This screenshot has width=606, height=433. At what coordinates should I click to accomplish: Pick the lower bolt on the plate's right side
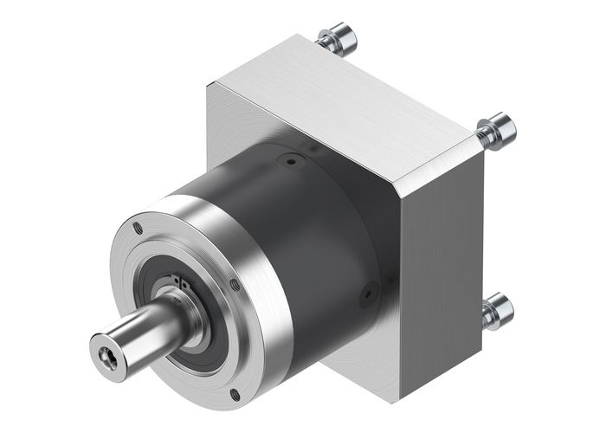pyautogui.click(x=499, y=309)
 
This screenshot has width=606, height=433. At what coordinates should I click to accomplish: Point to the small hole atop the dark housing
pyautogui.click(x=291, y=160)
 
